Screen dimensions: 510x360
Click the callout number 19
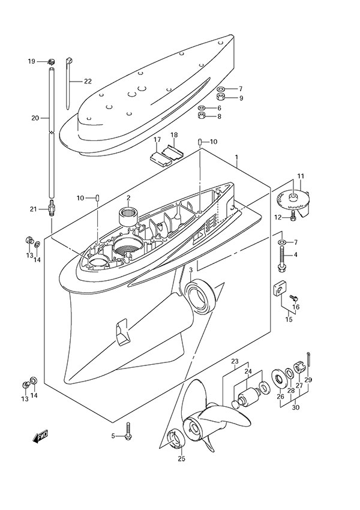31,61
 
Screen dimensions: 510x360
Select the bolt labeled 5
128,435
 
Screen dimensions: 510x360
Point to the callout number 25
182,459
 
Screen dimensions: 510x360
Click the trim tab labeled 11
294,203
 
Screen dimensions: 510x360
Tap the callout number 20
35,118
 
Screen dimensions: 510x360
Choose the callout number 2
128,198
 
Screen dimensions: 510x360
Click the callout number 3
190,271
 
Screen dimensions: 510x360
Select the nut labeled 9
221,97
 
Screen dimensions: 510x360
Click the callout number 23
235,362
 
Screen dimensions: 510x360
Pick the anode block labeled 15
280,289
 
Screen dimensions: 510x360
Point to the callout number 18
173,135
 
